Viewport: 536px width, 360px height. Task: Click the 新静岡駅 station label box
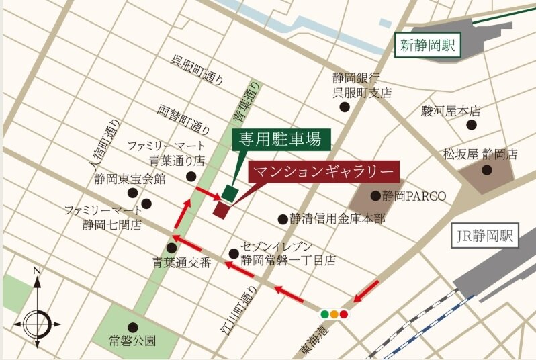click(427, 46)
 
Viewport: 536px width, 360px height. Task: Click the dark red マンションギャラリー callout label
click(324, 171)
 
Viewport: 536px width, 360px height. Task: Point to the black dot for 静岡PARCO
click(375, 196)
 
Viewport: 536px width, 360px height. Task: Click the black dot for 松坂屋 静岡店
click(486, 171)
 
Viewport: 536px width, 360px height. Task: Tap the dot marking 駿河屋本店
click(472, 125)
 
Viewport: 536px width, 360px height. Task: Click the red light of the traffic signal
click(344, 314)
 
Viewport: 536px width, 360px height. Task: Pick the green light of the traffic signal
click(325, 314)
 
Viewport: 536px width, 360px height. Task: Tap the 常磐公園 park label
click(132, 341)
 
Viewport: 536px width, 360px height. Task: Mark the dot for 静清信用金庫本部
click(283, 218)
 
